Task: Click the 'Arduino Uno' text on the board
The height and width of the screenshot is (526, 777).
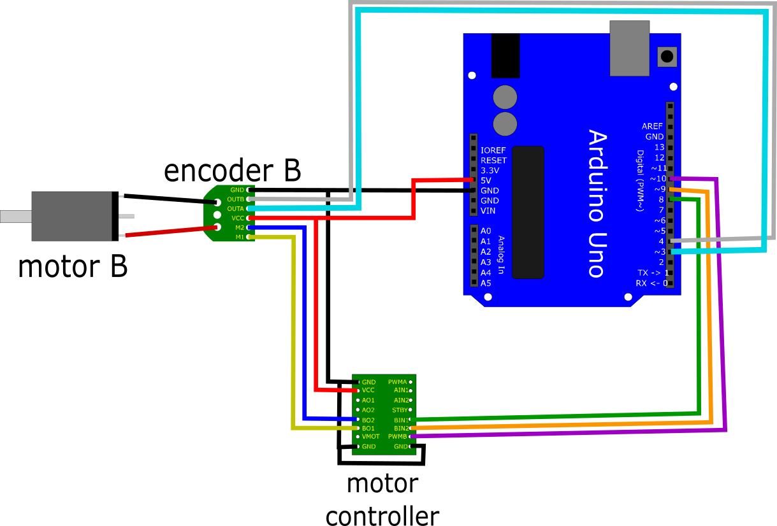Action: (x=595, y=204)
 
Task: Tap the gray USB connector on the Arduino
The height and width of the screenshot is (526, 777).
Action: (x=629, y=48)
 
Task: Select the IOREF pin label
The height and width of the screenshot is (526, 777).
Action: (x=493, y=150)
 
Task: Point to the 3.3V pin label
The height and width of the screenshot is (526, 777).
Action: (x=490, y=171)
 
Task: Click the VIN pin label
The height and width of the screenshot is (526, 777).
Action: (x=488, y=211)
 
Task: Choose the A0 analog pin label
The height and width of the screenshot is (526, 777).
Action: (x=486, y=231)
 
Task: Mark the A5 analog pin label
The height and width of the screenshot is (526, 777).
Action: (x=486, y=283)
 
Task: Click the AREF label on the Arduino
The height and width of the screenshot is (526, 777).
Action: (x=653, y=126)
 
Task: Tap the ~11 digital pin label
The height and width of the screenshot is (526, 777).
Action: (x=658, y=168)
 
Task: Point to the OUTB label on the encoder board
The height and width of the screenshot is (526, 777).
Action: (x=235, y=199)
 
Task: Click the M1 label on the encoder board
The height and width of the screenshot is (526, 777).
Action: (x=240, y=237)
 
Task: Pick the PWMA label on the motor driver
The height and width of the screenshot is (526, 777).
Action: (x=397, y=382)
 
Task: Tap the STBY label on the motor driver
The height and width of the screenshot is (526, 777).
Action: (x=400, y=410)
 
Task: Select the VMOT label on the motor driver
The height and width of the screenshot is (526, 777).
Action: (x=370, y=437)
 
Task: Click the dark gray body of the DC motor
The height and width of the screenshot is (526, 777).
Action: (x=71, y=217)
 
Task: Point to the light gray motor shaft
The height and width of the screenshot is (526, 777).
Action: (x=16, y=217)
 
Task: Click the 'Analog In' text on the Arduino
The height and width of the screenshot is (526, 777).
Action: (x=501, y=255)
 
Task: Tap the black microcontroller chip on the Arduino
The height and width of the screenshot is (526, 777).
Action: (x=528, y=212)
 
